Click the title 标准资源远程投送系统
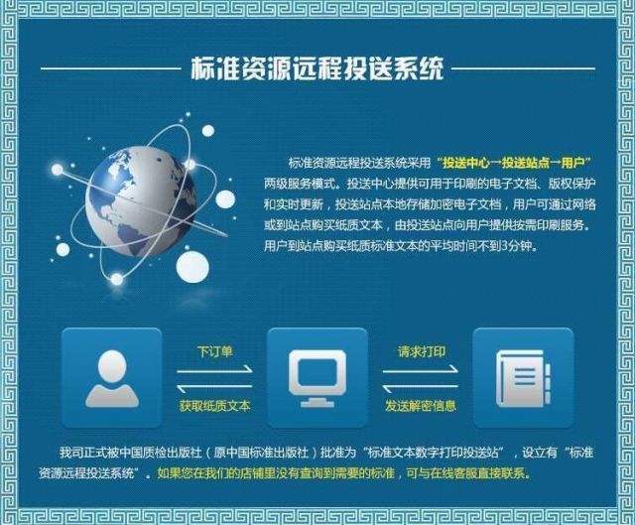[x=317, y=68]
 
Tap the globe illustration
[x=141, y=201]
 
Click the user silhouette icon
[x=112, y=379]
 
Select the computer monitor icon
[x=317, y=379]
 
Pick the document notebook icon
[x=523, y=379]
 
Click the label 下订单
[x=215, y=351]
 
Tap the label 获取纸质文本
[x=215, y=406]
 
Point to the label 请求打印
[x=421, y=351]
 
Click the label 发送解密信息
[x=421, y=406]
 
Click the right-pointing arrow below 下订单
[x=214, y=370]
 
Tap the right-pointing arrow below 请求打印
[x=421, y=370]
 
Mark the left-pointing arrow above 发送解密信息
[x=421, y=388]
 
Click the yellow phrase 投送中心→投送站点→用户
[x=514, y=163]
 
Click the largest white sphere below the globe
[x=192, y=267]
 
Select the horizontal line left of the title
[x=111, y=68]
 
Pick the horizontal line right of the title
[x=523, y=68]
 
